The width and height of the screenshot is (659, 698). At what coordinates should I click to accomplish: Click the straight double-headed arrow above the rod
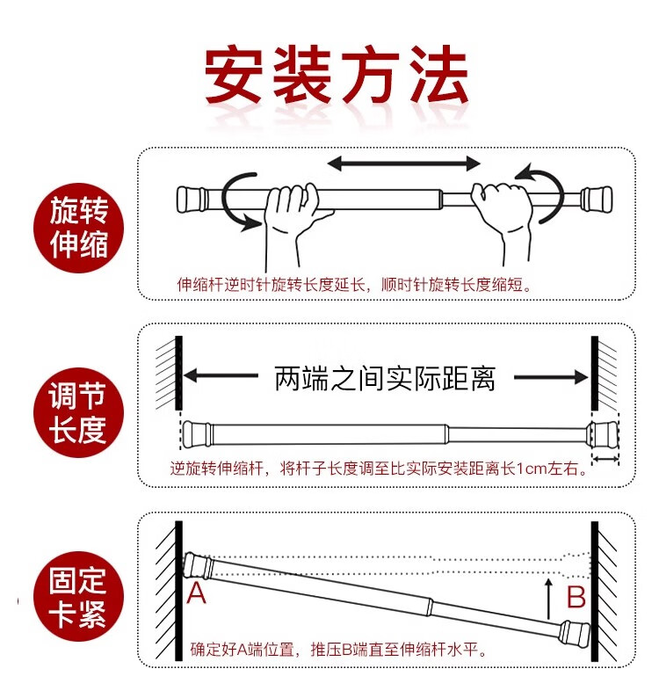pos(404,163)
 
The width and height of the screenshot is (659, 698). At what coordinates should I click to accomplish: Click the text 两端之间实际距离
pos(385,378)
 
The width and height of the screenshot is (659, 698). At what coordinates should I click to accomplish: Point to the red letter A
pos(197,594)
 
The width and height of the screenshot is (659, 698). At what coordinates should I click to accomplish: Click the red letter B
pos(576,598)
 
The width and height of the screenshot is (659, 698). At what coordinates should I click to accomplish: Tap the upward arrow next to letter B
pos(549,598)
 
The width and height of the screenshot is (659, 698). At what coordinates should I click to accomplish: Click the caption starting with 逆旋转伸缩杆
pos(379,469)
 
